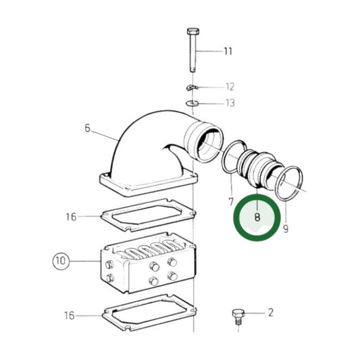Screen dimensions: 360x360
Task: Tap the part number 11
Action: [228, 51]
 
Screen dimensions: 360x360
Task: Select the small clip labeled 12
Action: [192, 88]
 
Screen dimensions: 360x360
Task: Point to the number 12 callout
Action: [230, 86]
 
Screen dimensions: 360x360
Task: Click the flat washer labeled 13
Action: [192, 103]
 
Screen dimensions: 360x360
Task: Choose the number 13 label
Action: [230, 103]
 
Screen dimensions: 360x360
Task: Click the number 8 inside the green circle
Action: [257, 217]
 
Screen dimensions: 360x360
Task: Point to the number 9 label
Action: [286, 230]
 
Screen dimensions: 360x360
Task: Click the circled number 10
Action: [61, 261]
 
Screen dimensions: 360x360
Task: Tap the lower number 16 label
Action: [70, 315]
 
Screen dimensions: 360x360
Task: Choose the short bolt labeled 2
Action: [237, 315]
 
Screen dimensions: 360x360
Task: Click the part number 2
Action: [270, 312]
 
